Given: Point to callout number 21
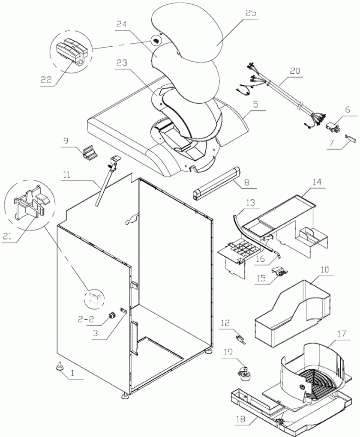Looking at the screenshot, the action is click(8, 236).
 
